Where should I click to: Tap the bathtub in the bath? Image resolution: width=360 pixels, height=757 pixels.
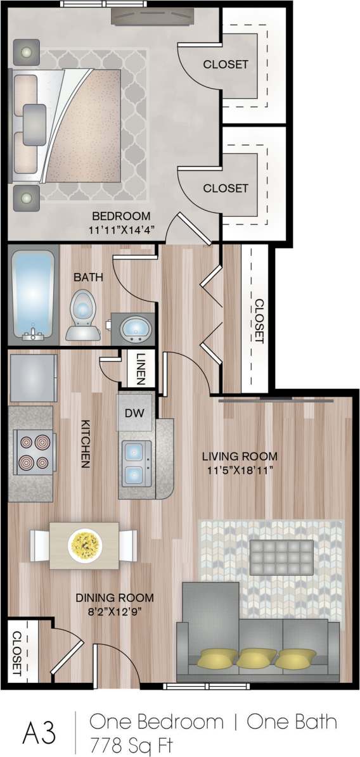pyautogui.click(x=33, y=295)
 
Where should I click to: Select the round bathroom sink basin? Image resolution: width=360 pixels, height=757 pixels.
pyautogui.click(x=134, y=328)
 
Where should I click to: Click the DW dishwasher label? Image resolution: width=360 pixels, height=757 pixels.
pyautogui.click(x=134, y=412)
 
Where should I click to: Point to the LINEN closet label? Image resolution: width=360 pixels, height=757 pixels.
pyautogui.click(x=141, y=369)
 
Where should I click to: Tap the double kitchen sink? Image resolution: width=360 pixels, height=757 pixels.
pyautogui.click(x=136, y=462)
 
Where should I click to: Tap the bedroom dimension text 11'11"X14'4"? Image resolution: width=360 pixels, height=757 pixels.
pyautogui.click(x=122, y=229)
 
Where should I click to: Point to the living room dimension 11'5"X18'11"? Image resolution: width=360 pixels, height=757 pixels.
pyautogui.click(x=240, y=471)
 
